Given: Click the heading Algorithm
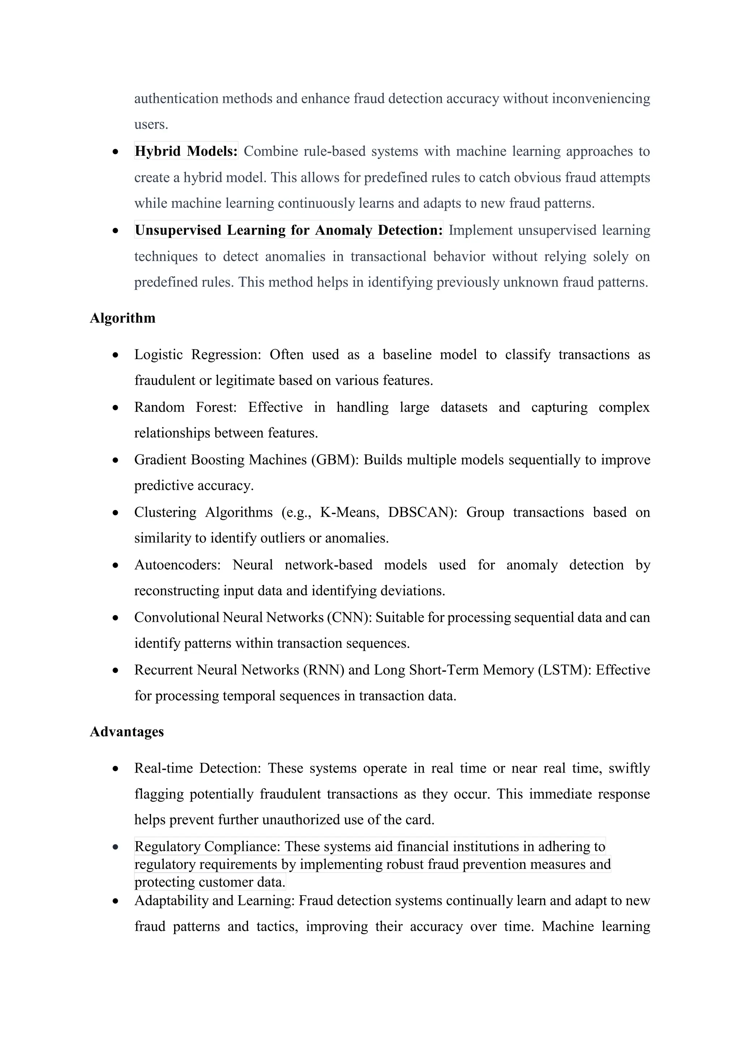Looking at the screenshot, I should click(122, 318).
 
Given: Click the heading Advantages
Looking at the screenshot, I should click(127, 731).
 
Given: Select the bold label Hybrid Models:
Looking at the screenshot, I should click(186, 151).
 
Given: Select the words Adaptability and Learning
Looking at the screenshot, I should click(215, 901).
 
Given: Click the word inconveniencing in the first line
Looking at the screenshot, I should click(601, 98).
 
